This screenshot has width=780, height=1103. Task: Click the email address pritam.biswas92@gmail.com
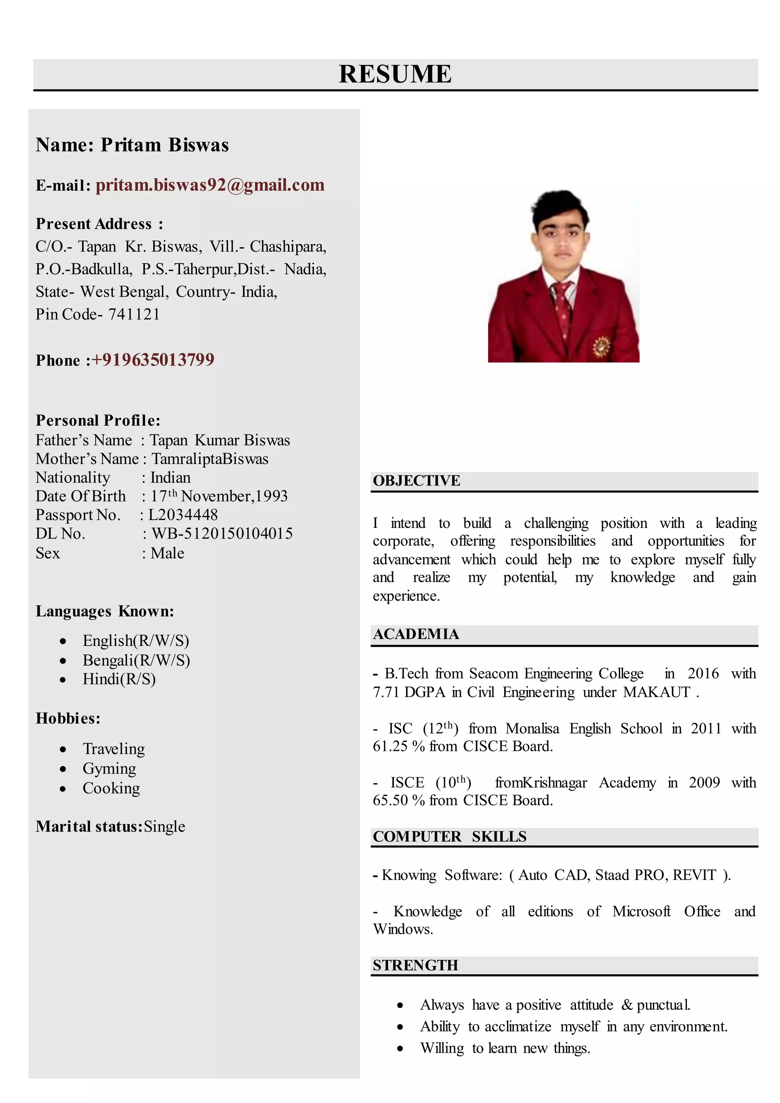tap(210, 185)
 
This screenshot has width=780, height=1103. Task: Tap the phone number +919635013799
tap(153, 359)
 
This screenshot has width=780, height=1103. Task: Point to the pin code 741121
tap(134, 314)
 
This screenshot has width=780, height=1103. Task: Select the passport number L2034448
tap(182, 515)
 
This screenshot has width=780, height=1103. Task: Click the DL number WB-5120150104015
tap(222, 533)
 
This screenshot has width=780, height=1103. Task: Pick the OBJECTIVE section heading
tap(416, 480)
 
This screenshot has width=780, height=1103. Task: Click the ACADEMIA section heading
tap(416, 634)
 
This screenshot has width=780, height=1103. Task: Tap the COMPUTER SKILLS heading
tap(449, 836)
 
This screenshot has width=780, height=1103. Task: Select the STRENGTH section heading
tap(416, 965)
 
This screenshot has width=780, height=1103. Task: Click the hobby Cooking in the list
tap(111, 788)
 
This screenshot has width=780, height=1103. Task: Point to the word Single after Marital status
tap(164, 826)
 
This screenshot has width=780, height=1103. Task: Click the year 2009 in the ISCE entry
tap(704, 783)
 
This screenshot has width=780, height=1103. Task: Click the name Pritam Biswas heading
tap(164, 145)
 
